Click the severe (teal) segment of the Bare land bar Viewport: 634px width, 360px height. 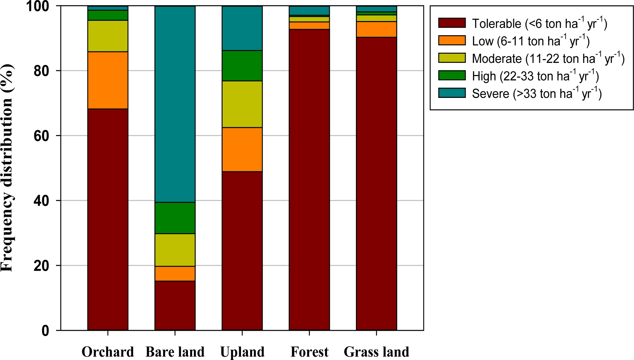point(175,104)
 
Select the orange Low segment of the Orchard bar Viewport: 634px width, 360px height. point(108,80)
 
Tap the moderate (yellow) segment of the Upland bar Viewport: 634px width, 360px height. point(242,104)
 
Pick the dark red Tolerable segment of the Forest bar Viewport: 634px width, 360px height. point(309,180)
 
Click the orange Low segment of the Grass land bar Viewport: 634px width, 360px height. point(376,29)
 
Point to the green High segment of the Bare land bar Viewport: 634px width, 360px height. point(175,218)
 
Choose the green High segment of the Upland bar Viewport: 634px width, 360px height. point(242,66)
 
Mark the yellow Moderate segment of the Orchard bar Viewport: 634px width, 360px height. point(108,36)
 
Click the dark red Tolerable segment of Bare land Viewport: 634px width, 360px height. point(175,305)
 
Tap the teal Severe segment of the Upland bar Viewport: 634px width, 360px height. point(242,28)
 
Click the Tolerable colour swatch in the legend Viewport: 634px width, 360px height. point(452,23)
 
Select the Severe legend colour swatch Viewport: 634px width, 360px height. point(452,93)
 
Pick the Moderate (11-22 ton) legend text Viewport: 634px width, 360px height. point(548,58)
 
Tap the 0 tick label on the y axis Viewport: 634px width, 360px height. point(45,331)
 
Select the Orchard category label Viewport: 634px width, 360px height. point(108,352)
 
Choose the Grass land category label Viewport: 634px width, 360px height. point(376,352)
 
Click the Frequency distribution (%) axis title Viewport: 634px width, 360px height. point(7,168)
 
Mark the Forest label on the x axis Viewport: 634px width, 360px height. point(309,352)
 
